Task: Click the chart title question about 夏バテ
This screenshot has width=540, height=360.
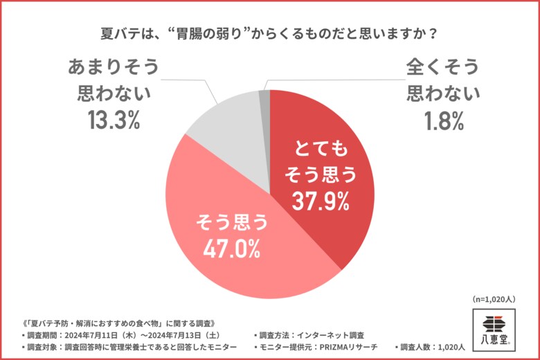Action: point(270,33)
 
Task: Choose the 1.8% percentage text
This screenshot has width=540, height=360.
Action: point(443,120)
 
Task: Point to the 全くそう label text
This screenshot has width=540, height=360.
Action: point(443,67)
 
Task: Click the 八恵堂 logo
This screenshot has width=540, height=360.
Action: point(496,327)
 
